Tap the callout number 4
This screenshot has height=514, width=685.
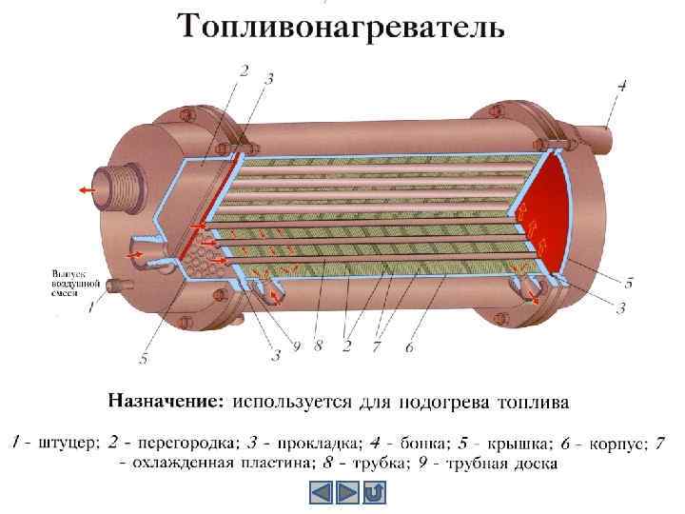click(622, 87)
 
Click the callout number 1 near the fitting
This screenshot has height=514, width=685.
click(91, 307)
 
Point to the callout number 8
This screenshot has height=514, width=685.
click(318, 346)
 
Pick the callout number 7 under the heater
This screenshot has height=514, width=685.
click(376, 347)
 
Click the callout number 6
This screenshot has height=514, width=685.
click(409, 347)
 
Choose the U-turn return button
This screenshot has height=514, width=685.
click(374, 492)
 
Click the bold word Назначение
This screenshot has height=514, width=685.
click(166, 401)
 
